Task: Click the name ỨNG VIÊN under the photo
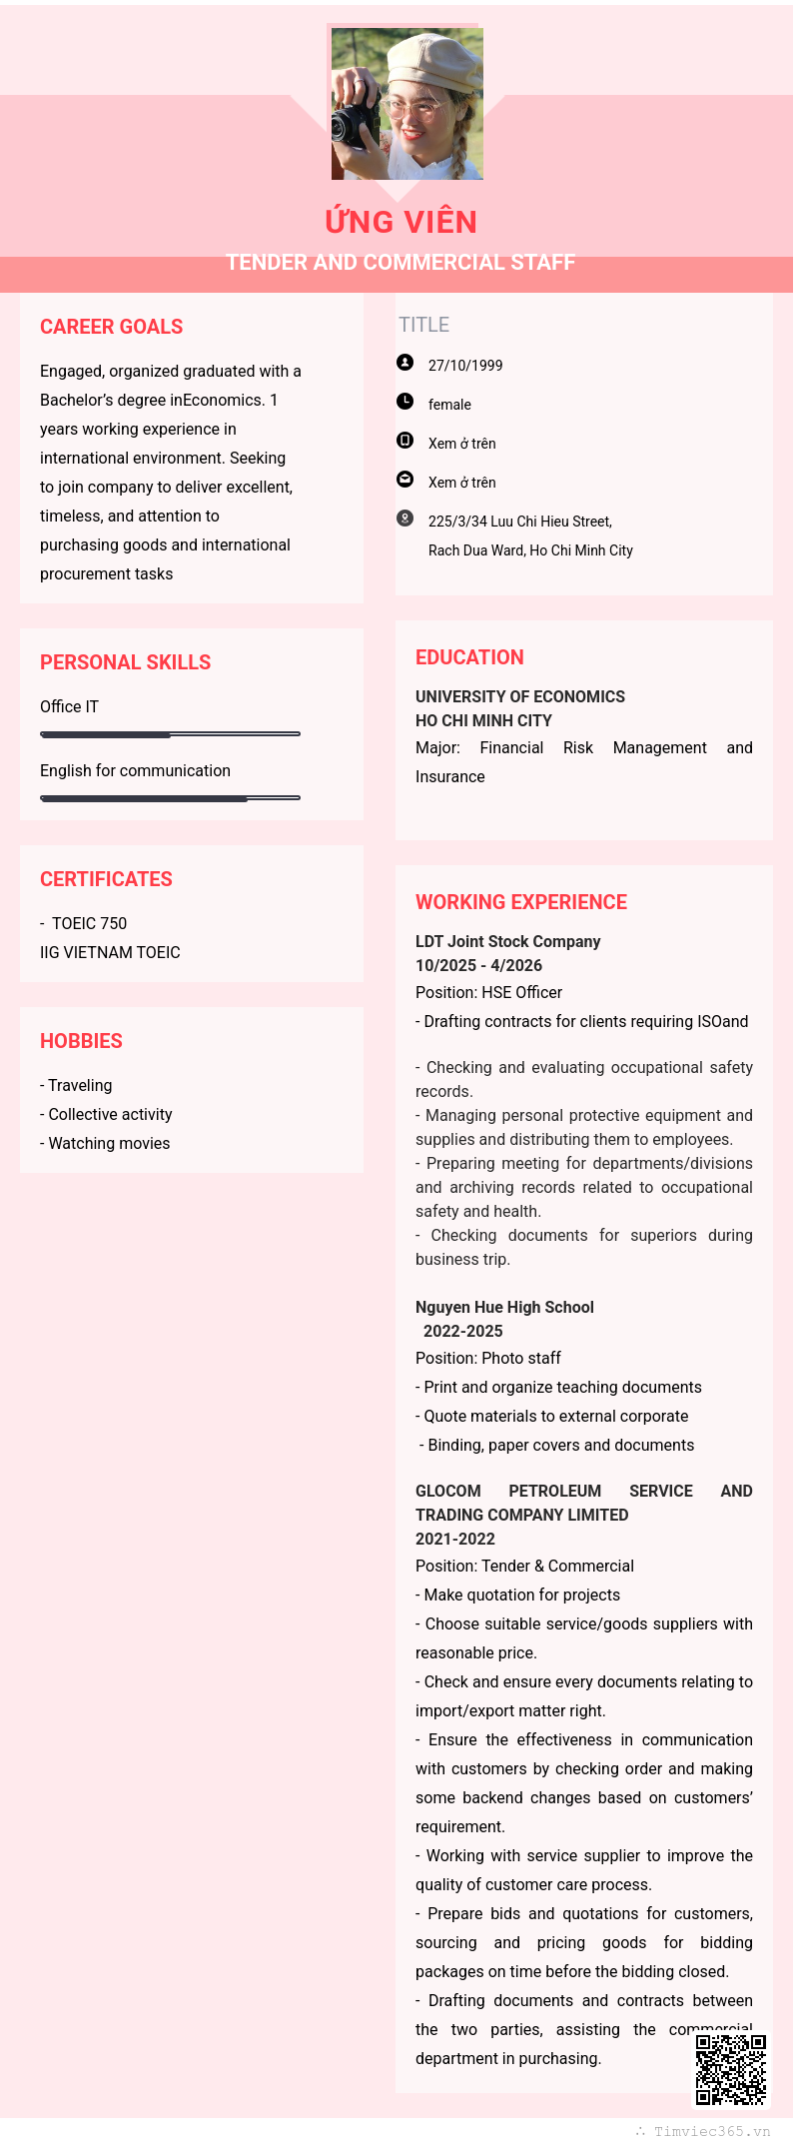[x=400, y=222]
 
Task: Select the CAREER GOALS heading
[x=111, y=327]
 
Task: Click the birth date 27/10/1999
[x=465, y=366]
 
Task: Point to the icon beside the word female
[x=404, y=402]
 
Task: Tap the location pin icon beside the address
[x=404, y=519]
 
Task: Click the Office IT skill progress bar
[x=170, y=734]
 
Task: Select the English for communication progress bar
[x=170, y=798]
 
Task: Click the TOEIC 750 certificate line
[x=89, y=923]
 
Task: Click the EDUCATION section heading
[x=469, y=657]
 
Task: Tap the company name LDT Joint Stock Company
[x=507, y=941]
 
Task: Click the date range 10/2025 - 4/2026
[x=478, y=965]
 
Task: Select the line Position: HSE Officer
[x=488, y=992]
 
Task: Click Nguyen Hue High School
[x=504, y=1307]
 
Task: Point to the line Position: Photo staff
[x=488, y=1358]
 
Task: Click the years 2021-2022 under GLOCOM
[x=455, y=1539]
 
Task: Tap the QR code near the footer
[x=731, y=2069]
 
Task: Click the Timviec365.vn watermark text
[x=711, y=2131]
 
